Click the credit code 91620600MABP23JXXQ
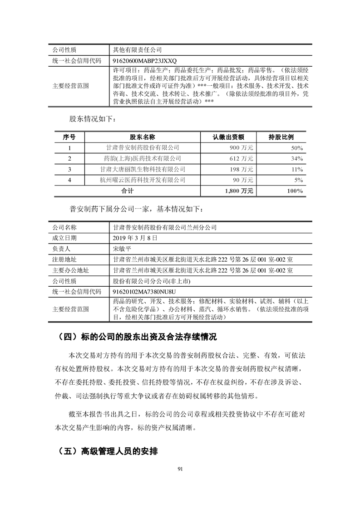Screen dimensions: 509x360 click(x=144, y=60)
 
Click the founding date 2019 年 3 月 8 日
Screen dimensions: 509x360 click(x=135, y=238)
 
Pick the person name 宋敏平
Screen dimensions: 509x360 click(x=122, y=249)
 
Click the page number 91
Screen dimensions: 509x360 click(x=180, y=469)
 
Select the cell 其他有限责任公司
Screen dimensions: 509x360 click(x=137, y=49)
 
